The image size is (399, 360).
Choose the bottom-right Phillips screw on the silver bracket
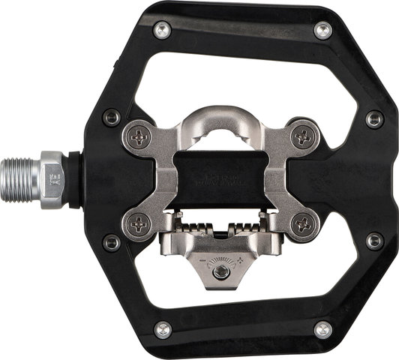tap(303, 222)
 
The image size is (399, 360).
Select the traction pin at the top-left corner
tap(162, 30)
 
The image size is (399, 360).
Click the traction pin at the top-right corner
tap(322, 30)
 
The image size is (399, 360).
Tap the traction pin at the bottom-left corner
tap(162, 328)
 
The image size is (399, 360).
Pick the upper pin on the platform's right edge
tap(373, 118)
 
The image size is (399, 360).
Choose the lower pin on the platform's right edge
tap(373, 241)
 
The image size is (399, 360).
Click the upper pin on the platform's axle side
tap(112, 117)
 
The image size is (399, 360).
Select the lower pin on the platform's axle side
tap(112, 241)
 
